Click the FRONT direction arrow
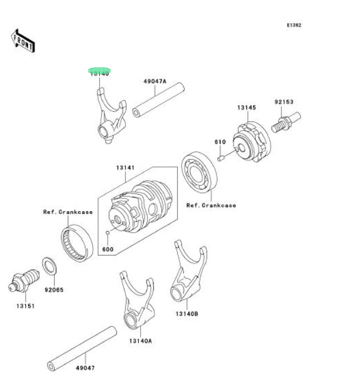(23, 40)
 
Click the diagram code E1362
(294, 25)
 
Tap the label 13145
(247, 107)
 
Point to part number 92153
(283, 102)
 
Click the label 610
(220, 141)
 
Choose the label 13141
(125, 168)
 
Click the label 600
(108, 249)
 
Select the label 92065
(55, 289)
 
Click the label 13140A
(140, 341)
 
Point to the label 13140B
(187, 313)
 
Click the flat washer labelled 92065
(50, 266)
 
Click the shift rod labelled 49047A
(159, 100)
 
